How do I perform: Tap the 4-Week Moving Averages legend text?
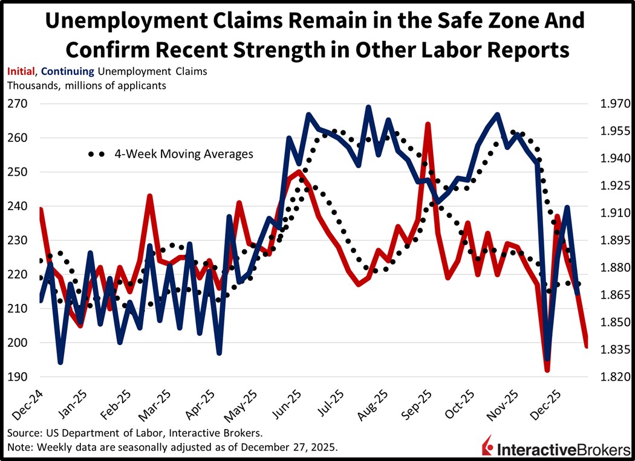pyautogui.click(x=184, y=154)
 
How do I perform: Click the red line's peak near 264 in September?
pyautogui.click(x=427, y=124)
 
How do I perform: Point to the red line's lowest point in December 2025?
pyautogui.click(x=547, y=369)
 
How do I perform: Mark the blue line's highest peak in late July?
pyautogui.click(x=368, y=108)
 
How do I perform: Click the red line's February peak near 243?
pyautogui.click(x=149, y=196)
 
